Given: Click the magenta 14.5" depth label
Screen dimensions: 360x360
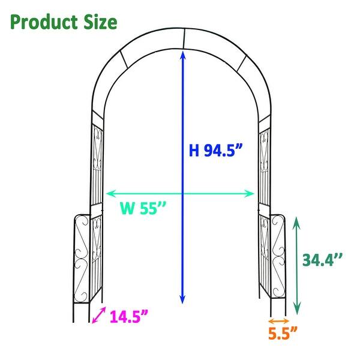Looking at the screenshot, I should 129,316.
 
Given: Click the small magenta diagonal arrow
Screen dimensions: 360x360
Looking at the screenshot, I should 100,316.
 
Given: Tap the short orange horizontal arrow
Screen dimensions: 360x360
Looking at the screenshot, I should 280,319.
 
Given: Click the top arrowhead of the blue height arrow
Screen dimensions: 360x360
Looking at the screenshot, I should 182,53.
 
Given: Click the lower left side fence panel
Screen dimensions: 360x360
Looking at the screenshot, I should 82,258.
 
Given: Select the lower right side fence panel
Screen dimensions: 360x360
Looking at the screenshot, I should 278,257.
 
